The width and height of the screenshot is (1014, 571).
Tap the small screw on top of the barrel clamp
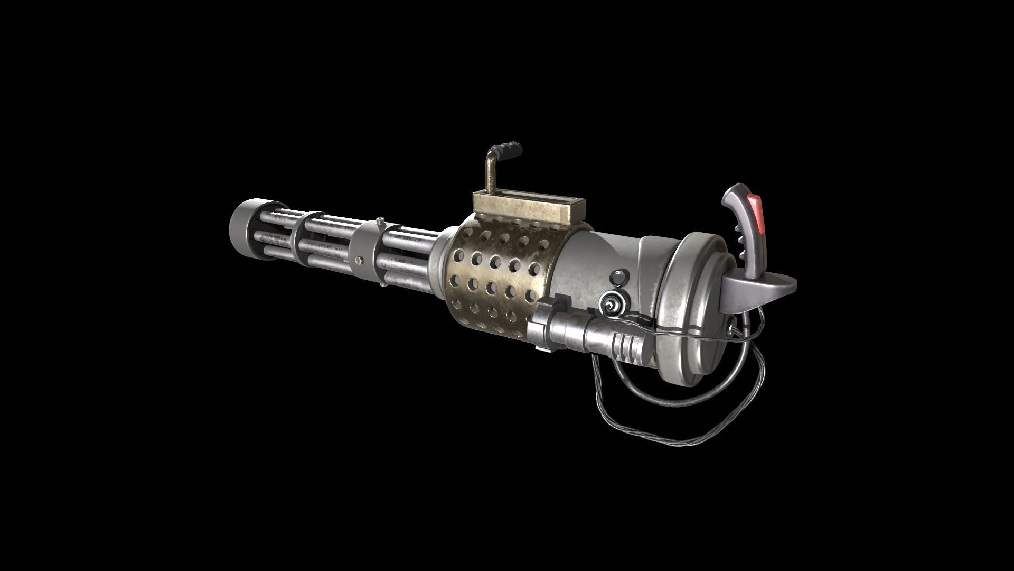379,219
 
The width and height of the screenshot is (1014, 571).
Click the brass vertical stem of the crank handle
490,174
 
